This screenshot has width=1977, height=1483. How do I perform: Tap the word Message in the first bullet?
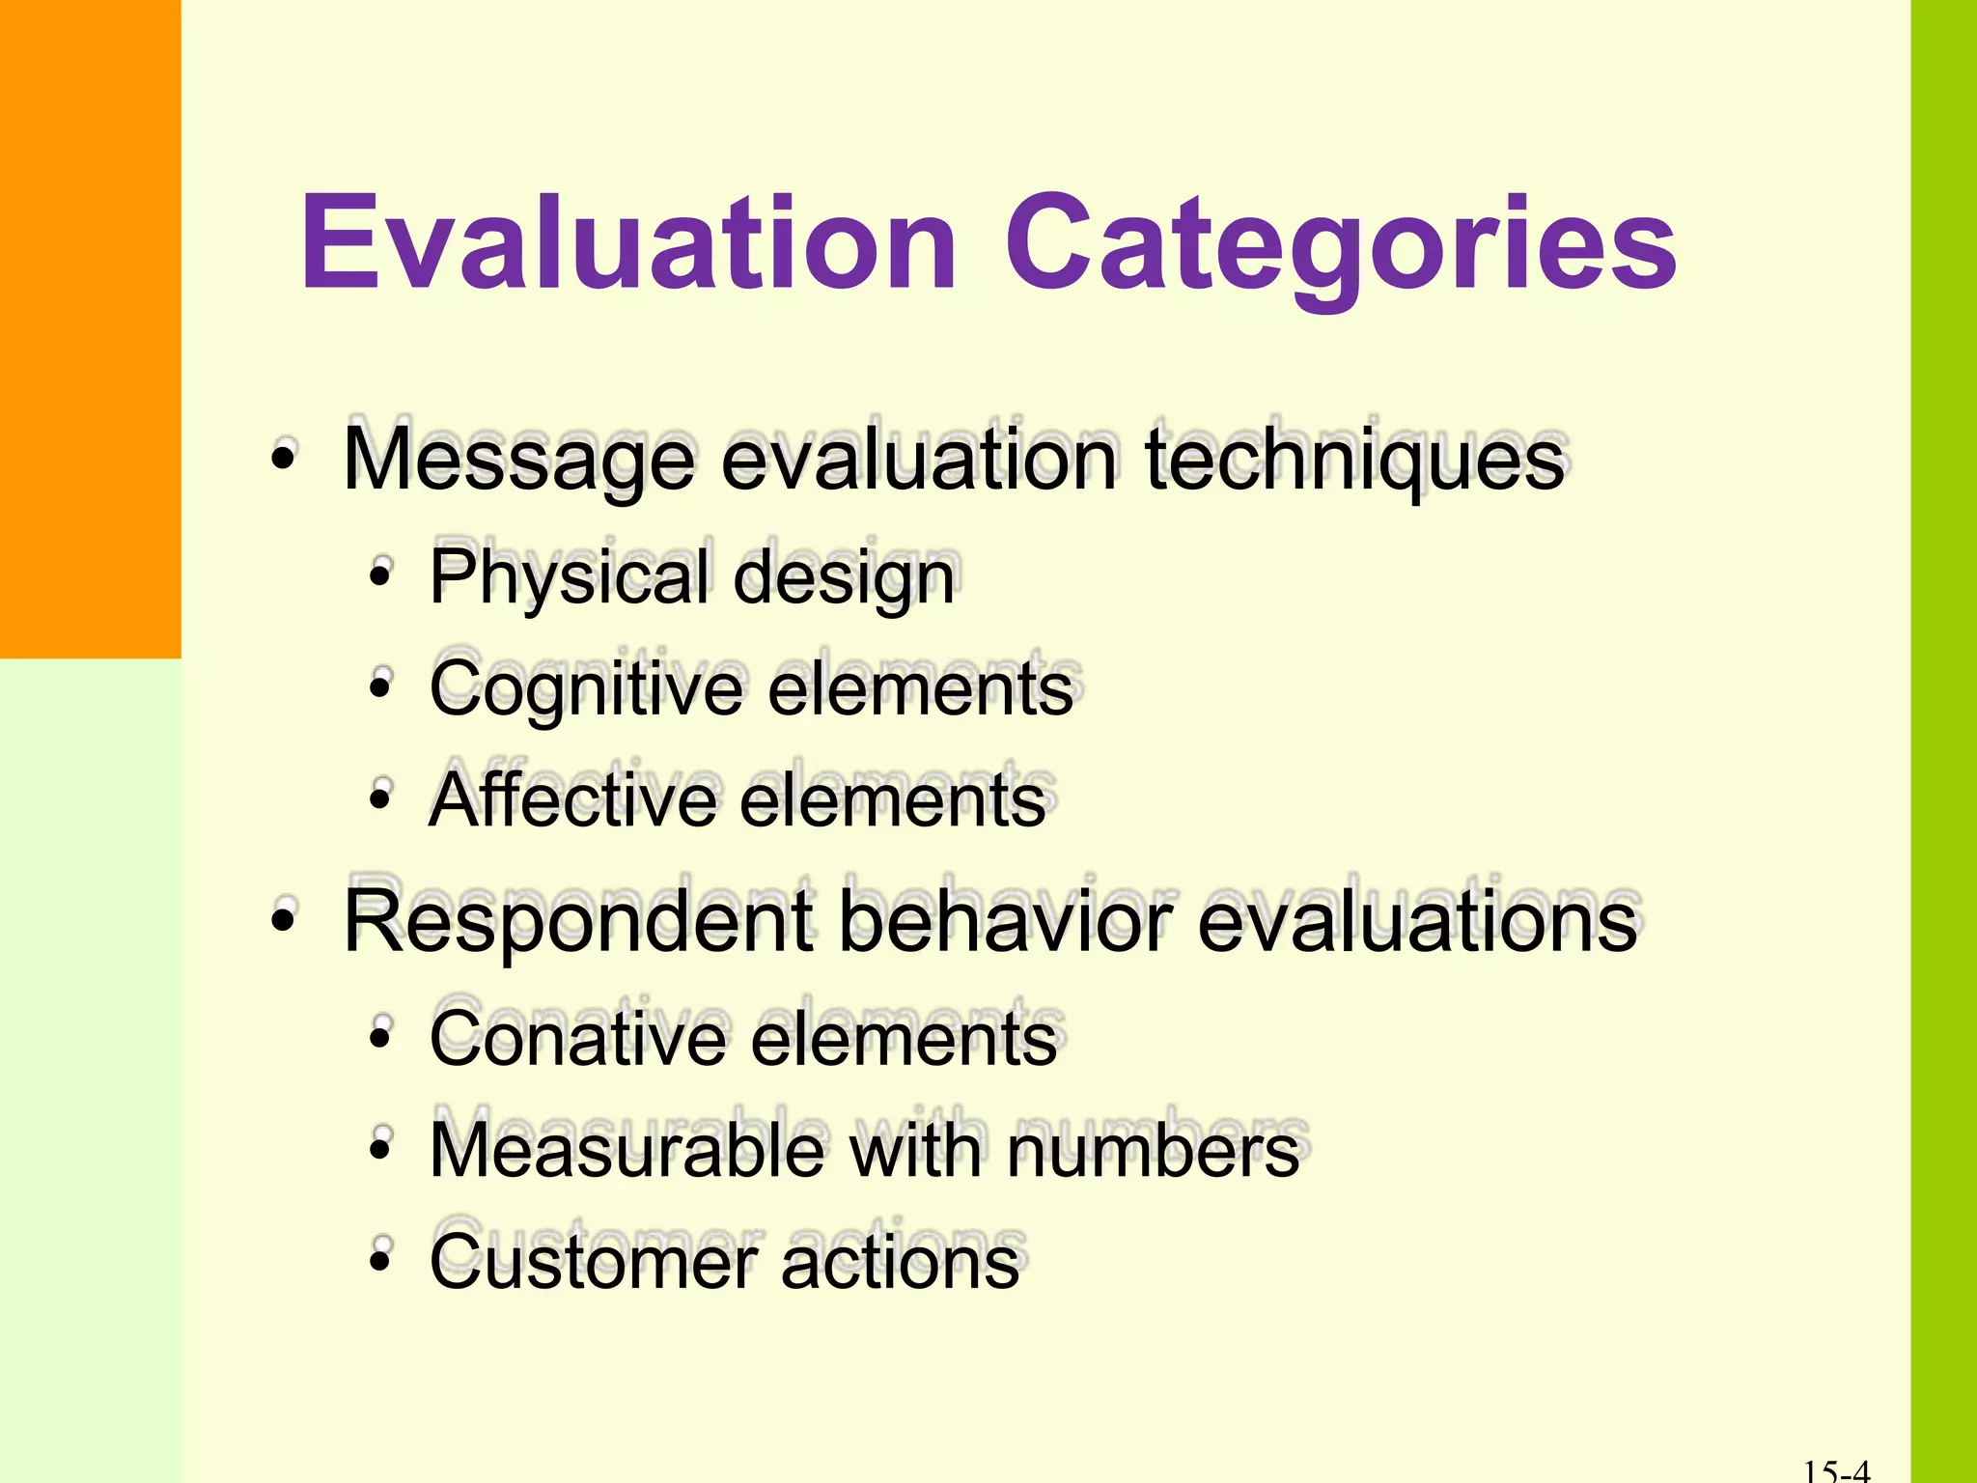[x=518, y=462]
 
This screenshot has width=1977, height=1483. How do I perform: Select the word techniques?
[x=1354, y=462]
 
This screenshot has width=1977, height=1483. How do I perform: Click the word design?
[x=844, y=578]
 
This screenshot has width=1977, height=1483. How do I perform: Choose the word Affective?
[x=573, y=800]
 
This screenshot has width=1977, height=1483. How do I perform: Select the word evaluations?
[x=1417, y=922]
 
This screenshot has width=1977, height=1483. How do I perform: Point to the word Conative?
[x=577, y=1039]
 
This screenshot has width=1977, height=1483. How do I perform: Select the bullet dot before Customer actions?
[x=381, y=1260]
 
